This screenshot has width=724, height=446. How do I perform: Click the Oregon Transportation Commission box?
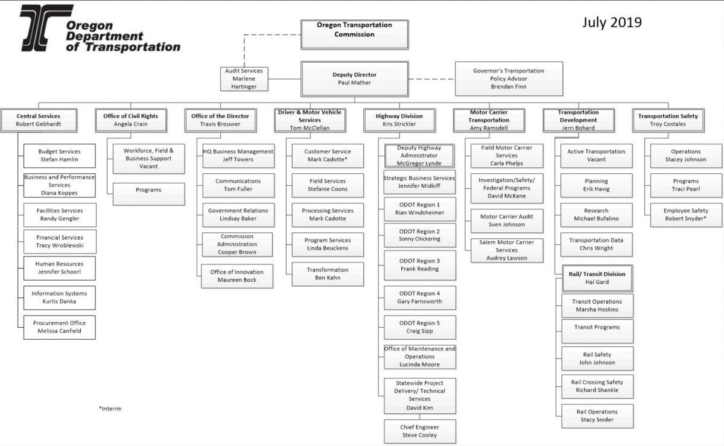coord(355,34)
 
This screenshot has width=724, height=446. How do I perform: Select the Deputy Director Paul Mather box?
coord(355,79)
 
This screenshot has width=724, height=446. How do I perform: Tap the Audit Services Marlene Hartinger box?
coord(244,79)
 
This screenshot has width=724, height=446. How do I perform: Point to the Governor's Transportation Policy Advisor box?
coord(509,79)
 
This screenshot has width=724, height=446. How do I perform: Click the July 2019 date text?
coord(612,22)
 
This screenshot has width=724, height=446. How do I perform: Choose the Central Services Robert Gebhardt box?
coord(39,120)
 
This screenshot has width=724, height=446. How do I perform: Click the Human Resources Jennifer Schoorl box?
coord(60,268)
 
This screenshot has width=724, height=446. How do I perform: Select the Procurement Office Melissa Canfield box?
coord(60,327)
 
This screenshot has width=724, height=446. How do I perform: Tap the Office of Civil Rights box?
coord(131,120)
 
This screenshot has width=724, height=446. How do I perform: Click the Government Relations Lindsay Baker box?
coord(238,215)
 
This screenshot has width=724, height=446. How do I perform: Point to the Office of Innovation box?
coord(237,276)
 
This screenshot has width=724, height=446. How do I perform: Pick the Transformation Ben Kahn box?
coord(328,274)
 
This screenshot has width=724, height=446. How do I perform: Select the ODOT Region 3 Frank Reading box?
coord(420,265)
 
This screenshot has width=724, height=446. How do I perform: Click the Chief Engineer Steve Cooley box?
coord(420,432)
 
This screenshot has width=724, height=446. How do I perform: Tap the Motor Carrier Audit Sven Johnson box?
coord(507,221)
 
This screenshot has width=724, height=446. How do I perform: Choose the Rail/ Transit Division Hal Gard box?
coord(597,278)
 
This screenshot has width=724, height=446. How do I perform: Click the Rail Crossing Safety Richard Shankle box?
coord(597,386)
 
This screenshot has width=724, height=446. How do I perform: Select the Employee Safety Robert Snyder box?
coord(686,215)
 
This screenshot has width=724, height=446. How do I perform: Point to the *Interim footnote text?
coord(110,409)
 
